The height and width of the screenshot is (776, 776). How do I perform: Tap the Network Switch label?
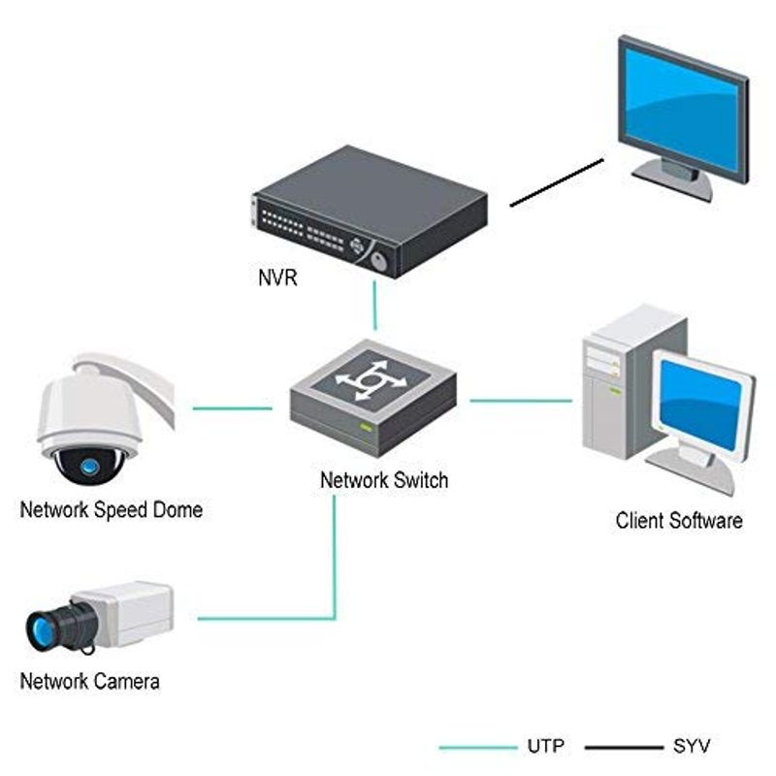(384, 480)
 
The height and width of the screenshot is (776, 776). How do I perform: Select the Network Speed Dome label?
(112, 510)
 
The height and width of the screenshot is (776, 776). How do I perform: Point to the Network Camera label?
(90, 681)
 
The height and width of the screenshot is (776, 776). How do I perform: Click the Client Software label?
(679, 521)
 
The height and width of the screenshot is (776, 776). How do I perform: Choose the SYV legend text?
(692, 747)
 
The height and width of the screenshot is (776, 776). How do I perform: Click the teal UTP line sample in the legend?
(476, 747)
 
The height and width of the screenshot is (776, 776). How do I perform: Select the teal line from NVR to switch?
(373, 307)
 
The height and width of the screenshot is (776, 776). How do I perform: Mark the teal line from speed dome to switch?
(233, 408)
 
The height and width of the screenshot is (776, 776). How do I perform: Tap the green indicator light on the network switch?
(366, 428)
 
